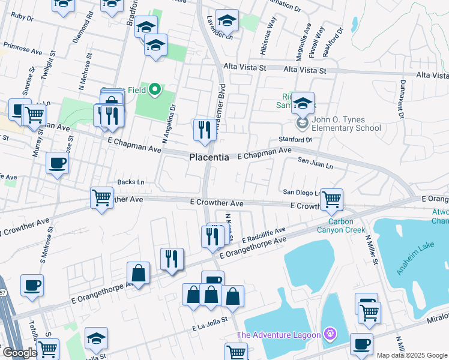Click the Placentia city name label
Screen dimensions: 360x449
209,157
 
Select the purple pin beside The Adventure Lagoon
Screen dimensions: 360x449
329,334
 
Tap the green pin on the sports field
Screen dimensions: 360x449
155,90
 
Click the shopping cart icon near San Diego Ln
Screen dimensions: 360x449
331,199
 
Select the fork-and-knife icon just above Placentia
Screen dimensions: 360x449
204,130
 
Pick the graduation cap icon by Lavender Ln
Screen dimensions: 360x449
227,22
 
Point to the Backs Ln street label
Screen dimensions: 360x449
131,182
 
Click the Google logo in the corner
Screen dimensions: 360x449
19,353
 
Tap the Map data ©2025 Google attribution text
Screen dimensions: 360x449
411,355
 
